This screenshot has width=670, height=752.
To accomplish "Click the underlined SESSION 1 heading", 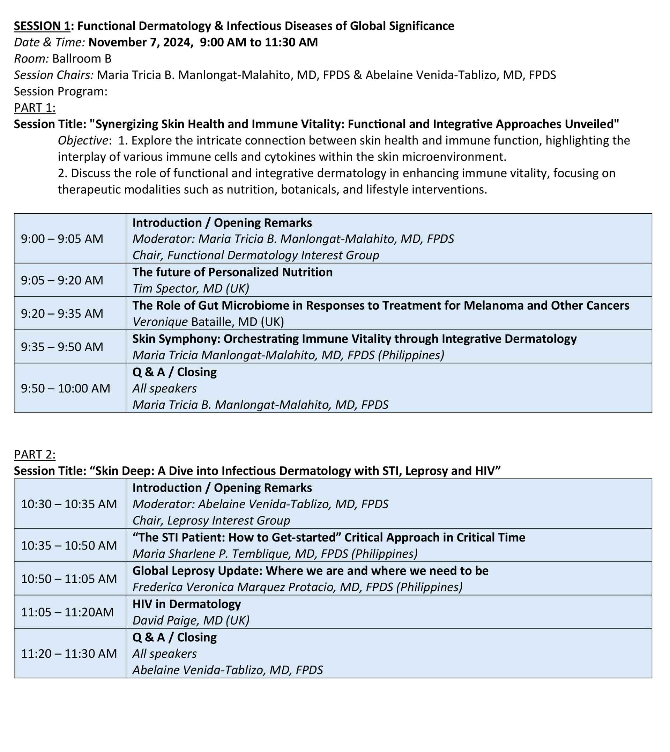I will tap(42, 26).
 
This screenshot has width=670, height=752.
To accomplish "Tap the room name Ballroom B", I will tap(82, 59).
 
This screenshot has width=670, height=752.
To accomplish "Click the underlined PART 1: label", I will tap(35, 108).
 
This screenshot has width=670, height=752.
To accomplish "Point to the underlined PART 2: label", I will tap(35, 455).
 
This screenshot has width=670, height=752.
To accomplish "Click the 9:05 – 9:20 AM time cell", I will tap(62, 280).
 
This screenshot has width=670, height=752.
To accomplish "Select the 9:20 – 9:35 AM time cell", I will tap(62, 314).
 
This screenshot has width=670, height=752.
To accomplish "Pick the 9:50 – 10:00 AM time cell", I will tap(66, 388).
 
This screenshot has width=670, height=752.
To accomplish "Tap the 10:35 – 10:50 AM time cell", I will tap(69, 545).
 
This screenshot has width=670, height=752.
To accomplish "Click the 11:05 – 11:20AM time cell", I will tap(67, 612).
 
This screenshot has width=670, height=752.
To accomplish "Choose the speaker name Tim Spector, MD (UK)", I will tap(191, 288).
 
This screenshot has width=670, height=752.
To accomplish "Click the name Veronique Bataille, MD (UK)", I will tap(208, 322).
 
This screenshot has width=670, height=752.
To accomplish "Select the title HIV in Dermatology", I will tap(187, 604).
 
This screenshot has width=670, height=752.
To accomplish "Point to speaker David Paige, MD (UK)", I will tap(191, 620).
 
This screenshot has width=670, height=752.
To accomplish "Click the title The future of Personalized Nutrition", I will tap(232, 272).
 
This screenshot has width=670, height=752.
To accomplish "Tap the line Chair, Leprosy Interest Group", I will tap(211, 521).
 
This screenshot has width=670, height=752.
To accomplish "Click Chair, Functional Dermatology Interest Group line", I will tap(255, 255).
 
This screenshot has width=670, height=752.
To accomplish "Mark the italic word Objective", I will tap(83, 141).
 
